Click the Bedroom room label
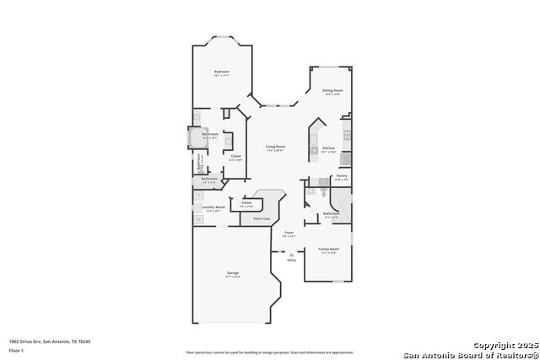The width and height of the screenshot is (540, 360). click(221, 72)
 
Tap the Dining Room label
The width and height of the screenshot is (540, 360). click(332, 90)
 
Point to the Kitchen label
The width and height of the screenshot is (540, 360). click(329, 148)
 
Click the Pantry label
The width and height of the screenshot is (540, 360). click(341, 176)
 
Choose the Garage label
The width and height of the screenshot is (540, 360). click(232, 273)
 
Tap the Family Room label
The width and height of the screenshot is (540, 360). click(328, 250)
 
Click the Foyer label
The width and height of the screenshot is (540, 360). click(289, 232)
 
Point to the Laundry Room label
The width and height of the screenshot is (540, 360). click(213, 207)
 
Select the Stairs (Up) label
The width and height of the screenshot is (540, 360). click(262, 218)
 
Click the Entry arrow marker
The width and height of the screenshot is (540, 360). click(291, 255)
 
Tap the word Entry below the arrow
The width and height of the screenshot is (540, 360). click(291, 261)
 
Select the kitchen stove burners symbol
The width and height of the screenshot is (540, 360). click(347, 134)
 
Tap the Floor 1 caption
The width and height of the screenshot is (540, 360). click(16, 348)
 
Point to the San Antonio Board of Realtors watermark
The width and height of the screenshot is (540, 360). click(470, 354)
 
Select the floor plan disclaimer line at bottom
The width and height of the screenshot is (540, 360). click(270, 352)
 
